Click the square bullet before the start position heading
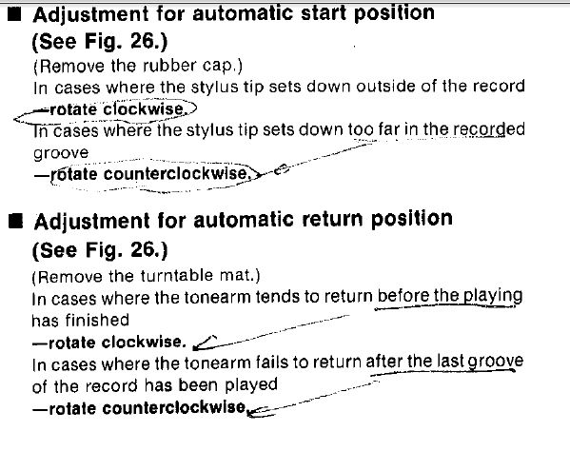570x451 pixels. pyautogui.click(x=15, y=15)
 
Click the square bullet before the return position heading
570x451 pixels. pyautogui.click(x=16, y=222)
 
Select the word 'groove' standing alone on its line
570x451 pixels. pyautogui.click(x=61, y=153)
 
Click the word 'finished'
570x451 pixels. pyautogui.click(x=97, y=320)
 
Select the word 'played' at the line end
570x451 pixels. pyautogui.click(x=251, y=385)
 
